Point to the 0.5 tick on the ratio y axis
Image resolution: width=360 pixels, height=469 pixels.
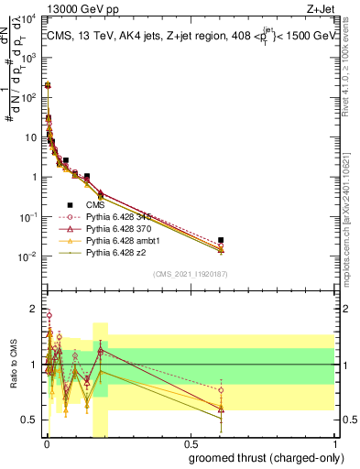pos(30,420)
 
